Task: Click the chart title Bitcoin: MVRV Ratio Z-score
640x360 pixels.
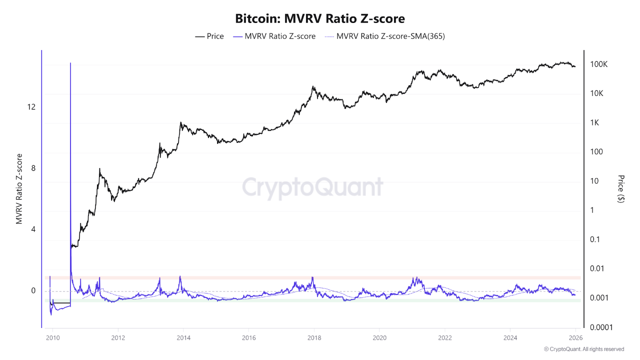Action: coord(320,18)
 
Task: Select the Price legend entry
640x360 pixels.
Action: coord(209,36)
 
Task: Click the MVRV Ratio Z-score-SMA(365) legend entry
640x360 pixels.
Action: coord(385,36)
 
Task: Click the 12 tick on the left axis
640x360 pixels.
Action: coord(31,107)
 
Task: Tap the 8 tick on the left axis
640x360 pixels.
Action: coord(33,168)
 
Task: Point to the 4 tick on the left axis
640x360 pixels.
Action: coord(33,229)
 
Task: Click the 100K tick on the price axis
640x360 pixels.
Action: coord(598,64)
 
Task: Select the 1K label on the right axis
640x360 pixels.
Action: coord(595,123)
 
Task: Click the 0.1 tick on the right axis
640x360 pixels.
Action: coord(595,239)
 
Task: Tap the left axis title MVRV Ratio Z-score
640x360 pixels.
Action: coord(19,188)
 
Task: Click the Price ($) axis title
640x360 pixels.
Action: coord(620,188)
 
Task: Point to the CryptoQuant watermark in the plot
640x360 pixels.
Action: coord(312,187)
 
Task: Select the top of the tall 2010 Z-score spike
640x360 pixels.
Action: coord(70,63)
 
